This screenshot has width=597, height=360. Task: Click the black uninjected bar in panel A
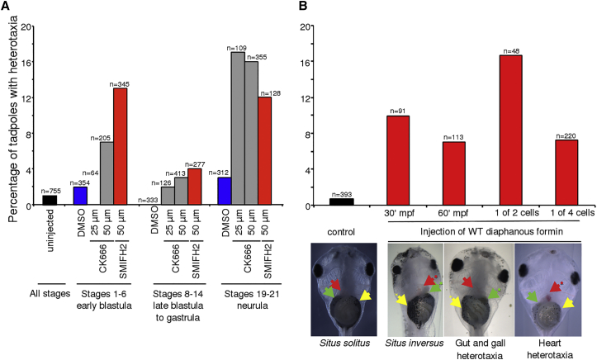click(x=50, y=200)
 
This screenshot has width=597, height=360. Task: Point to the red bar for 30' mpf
click(x=398, y=160)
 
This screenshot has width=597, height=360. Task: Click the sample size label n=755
click(x=50, y=191)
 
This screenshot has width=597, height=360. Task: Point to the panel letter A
click(x=7, y=7)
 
